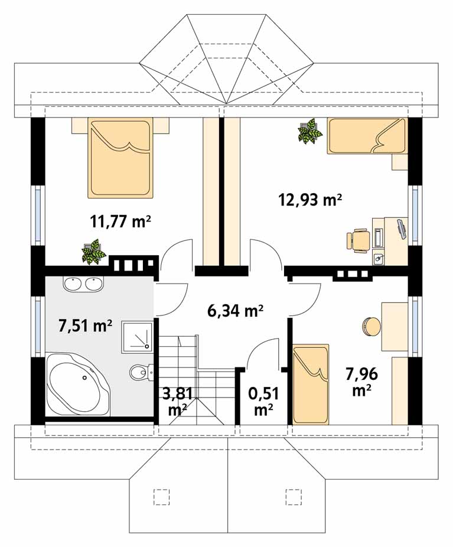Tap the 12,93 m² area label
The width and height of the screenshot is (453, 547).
click(309, 200)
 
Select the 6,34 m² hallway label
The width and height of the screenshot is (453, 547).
click(234, 310)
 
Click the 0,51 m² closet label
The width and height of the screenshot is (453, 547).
click(263, 402)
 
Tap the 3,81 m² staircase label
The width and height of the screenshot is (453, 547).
click(178, 401)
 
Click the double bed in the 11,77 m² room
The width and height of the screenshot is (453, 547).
click(120, 158)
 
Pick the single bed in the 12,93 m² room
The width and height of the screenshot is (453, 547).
click(367, 136)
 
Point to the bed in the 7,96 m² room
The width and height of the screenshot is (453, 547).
click(311, 385)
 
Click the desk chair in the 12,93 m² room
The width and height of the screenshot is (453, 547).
click(359, 240)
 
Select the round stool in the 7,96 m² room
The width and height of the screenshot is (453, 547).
click(371, 327)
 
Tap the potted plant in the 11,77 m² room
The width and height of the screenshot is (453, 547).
click(93, 251)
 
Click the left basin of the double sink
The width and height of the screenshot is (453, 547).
click(73, 284)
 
